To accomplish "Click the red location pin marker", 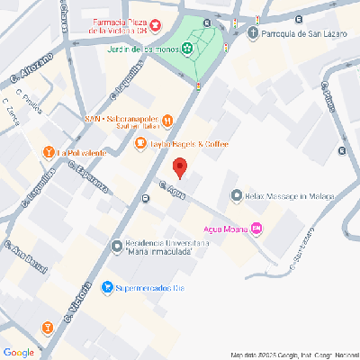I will [179, 168].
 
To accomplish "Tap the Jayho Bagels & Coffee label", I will [189, 143].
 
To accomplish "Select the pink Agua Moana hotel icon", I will [256, 228].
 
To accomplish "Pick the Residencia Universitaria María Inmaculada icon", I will [117, 247].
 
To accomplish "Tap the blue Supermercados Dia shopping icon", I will [108, 288].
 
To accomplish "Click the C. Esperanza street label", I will [90, 181].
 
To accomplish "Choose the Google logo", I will [19, 351].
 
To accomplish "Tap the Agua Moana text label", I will [226, 228].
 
